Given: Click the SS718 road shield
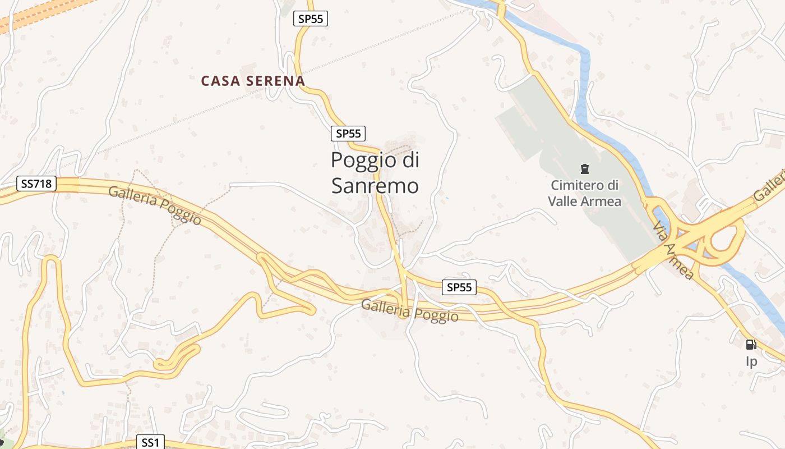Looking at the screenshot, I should click(36, 184).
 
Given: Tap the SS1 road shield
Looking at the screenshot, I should click(150, 442).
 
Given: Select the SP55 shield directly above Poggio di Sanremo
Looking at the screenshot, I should click(348, 134).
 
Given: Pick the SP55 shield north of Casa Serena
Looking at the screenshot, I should click(310, 19).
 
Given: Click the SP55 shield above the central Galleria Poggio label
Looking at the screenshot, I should click(459, 287).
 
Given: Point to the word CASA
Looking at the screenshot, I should click(221, 81).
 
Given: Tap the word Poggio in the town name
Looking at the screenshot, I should click(357, 161).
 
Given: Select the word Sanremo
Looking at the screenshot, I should click(375, 186).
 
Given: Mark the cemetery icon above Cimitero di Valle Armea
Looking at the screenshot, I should click(585, 168).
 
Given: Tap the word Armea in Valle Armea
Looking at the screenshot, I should click(602, 201).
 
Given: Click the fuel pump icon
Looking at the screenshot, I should click(751, 344).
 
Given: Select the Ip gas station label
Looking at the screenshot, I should click(751, 361).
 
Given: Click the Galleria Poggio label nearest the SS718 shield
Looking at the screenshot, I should click(155, 205).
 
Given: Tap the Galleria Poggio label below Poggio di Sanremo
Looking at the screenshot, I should click(410, 311).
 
